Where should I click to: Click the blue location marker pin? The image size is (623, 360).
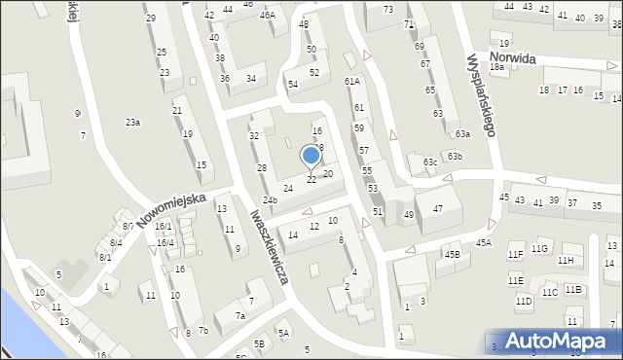311,156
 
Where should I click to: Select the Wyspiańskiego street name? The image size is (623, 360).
482,93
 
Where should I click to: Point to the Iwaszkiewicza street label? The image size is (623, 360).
270,248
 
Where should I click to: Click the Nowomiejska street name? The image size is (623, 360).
171,209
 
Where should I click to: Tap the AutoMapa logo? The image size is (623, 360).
553,342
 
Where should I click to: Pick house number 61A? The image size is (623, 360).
351,82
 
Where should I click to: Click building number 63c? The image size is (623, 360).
430,162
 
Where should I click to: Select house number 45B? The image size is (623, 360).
452,255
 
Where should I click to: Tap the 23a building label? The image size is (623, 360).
132,122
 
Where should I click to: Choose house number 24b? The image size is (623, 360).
270,200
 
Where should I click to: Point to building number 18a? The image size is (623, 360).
496,67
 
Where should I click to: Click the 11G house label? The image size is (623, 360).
540,249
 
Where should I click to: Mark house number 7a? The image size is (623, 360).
239,316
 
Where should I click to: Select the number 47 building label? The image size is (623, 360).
439,208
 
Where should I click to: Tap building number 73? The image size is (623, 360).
387,9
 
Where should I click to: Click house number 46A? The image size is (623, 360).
266,16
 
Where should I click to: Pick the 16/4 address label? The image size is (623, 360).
165,243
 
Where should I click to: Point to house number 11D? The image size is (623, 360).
524,302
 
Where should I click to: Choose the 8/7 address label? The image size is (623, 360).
128,227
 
